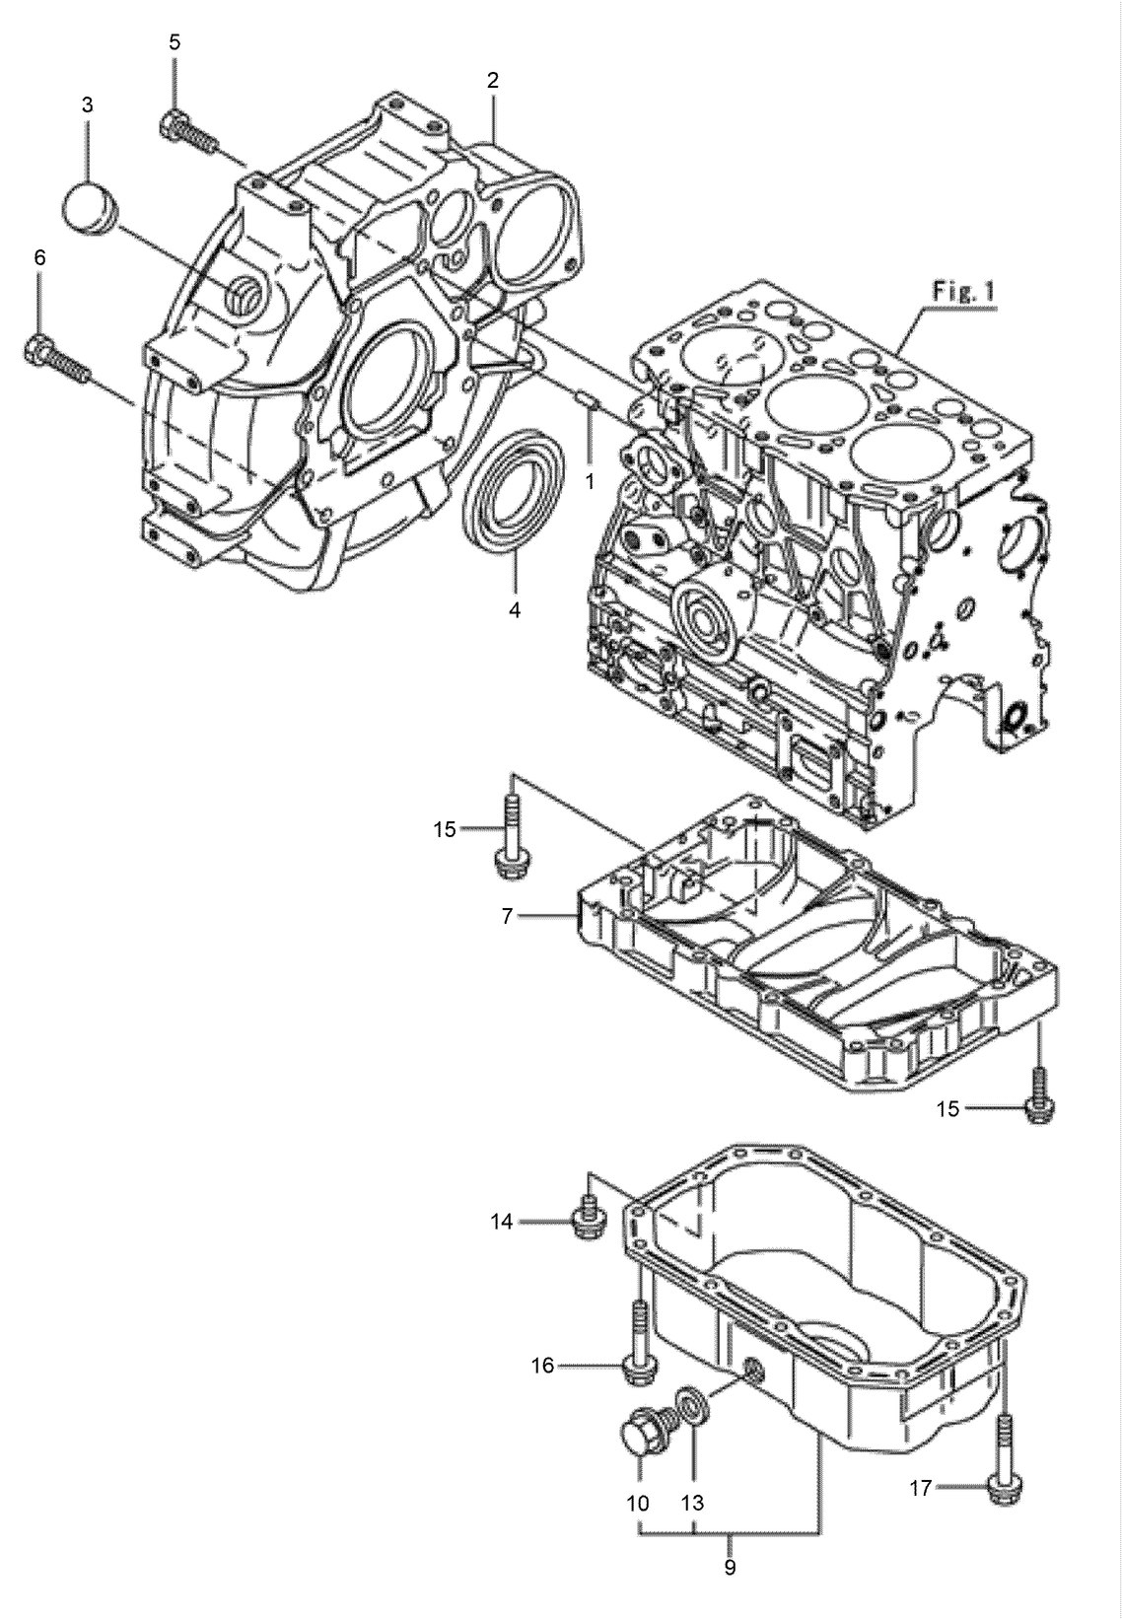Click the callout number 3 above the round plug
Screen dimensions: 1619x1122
(x=87, y=105)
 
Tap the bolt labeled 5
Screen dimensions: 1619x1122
(x=185, y=131)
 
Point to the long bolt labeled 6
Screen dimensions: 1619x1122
(x=55, y=359)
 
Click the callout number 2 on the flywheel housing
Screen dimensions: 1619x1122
(x=492, y=81)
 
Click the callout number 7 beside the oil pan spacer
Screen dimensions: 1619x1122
(x=507, y=916)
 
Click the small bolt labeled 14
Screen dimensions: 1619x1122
(x=587, y=1221)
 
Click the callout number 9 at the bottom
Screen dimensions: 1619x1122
(x=730, y=1568)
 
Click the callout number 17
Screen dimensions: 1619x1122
(x=919, y=1489)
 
